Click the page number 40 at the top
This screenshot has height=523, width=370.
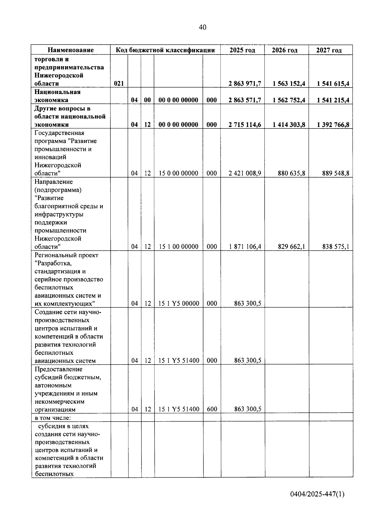pos(203,27)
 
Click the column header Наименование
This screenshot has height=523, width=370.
pos(71,50)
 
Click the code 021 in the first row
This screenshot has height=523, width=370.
pos(119,84)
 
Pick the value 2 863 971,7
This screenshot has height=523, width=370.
pos(245,84)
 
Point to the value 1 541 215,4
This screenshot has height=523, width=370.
pos(333,100)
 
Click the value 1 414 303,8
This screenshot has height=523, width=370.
pos(289,125)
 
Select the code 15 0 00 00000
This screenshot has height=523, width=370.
pos(178,173)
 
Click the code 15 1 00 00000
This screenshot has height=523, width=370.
pos(178,247)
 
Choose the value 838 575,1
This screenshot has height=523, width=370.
pos(335,247)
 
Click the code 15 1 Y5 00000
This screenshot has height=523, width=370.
pos(179,304)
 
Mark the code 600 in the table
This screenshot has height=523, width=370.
pos(212,409)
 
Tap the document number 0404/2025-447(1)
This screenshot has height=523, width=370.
pos(317,494)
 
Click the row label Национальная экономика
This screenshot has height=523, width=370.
pos(57,96)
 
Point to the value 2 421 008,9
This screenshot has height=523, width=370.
pos(245,173)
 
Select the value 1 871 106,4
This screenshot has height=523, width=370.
pos(245,247)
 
